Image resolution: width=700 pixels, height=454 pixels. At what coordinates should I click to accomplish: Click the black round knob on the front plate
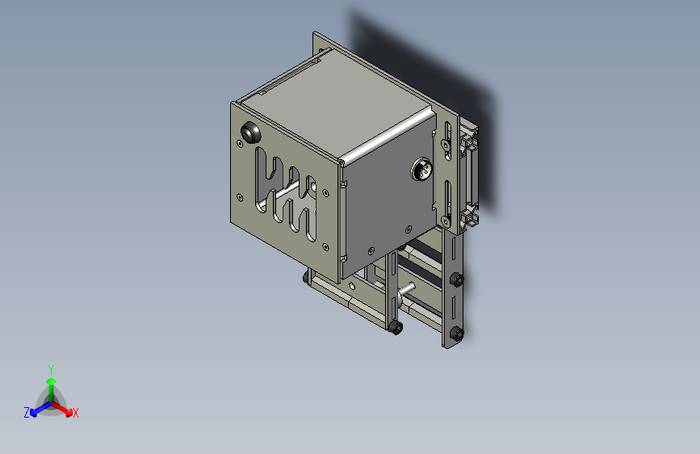tap(250, 132)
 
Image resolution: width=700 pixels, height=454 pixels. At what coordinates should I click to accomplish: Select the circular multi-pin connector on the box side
tap(422, 170)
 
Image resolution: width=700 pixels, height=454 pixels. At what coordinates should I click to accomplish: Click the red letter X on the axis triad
tap(76, 414)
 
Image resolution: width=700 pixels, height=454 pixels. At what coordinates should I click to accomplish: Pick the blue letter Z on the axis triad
tap(27, 413)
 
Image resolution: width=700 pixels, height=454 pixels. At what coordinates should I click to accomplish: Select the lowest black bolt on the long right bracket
tap(459, 333)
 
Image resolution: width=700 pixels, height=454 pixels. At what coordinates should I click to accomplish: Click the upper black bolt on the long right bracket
tap(456, 280)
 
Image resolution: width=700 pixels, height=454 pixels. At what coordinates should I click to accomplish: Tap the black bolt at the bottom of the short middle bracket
tap(396, 327)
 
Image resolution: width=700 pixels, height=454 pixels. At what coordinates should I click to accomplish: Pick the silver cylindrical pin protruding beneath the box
tap(407, 288)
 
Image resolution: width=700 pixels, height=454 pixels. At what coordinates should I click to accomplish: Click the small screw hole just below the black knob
tap(240, 145)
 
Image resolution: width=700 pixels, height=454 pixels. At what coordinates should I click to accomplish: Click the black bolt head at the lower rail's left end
tap(307, 278)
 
